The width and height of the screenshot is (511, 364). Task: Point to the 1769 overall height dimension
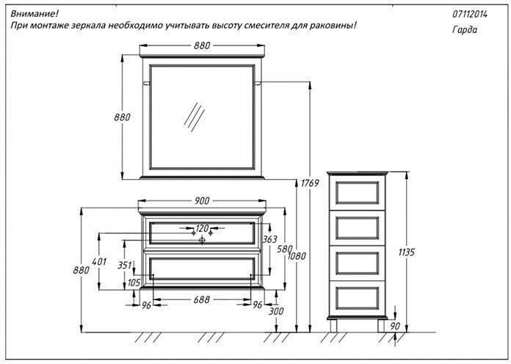[x=309, y=183]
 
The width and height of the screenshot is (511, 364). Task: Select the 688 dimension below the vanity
[x=202, y=299]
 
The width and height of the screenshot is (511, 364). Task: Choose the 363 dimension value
[x=269, y=239]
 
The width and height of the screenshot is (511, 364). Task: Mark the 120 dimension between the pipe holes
[x=202, y=228]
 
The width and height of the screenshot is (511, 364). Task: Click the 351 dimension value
[x=124, y=266]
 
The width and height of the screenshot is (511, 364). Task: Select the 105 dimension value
[x=134, y=283]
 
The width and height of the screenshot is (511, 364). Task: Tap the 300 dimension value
[x=276, y=312]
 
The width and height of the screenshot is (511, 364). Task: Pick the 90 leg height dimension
[x=396, y=326]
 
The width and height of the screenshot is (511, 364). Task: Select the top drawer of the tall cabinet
[x=356, y=191]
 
